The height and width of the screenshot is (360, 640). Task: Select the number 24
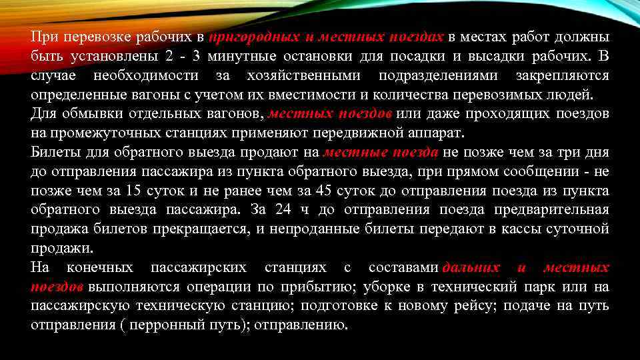click(x=283, y=210)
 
